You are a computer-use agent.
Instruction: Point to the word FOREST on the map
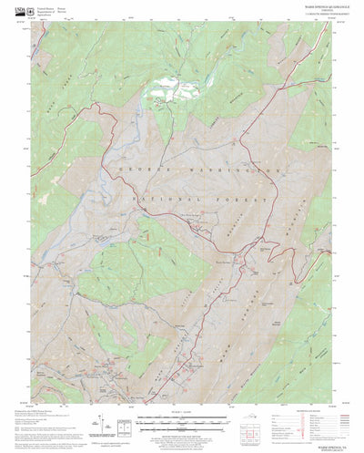242,197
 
